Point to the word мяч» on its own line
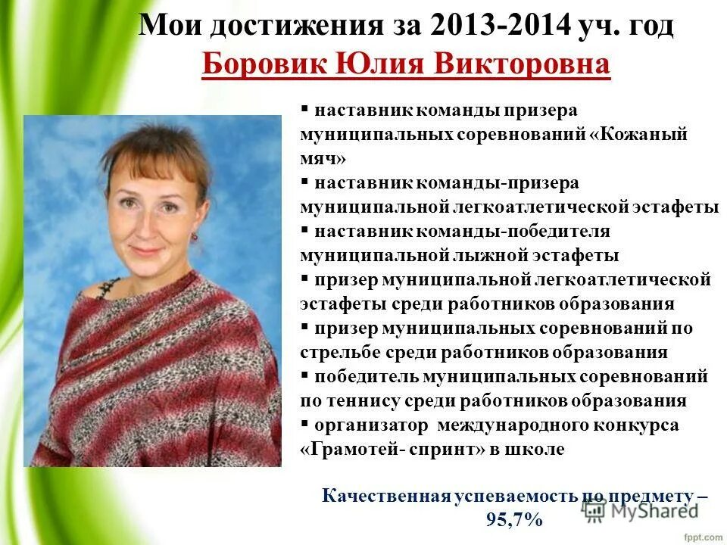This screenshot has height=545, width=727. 323,158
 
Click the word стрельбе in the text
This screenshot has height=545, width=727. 338,352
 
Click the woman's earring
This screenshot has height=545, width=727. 194,235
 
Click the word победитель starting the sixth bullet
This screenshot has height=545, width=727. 363,376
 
